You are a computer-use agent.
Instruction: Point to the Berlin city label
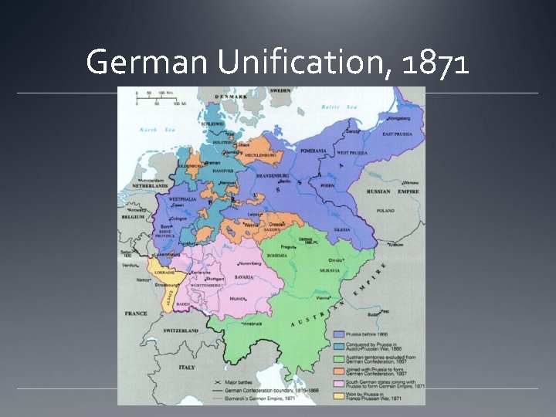pyautogui.click(x=283, y=181)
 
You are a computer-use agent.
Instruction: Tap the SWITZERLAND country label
pyautogui.click(x=181, y=331)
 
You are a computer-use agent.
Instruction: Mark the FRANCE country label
pyautogui.click(x=136, y=314)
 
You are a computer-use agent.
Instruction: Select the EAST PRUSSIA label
pyautogui.click(x=395, y=134)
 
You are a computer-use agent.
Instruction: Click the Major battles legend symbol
pyautogui.click(x=216, y=382)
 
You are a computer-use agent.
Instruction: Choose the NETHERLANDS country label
pyautogui.click(x=147, y=186)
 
